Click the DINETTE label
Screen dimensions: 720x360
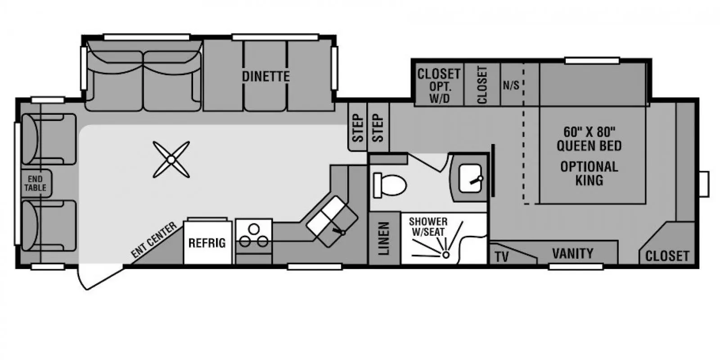266,76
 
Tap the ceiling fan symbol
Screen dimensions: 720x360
171,159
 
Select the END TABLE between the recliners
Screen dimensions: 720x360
36,183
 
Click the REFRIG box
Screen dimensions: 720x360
207,243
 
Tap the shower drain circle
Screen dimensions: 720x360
446,255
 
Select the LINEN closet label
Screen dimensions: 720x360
384,238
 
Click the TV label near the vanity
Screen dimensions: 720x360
502,257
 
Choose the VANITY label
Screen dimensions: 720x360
573,254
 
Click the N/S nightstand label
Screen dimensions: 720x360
511,85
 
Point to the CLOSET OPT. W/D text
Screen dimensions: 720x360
439,86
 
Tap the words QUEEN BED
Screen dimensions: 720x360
589,146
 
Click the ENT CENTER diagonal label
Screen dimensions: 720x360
154,240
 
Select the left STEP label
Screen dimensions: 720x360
358,128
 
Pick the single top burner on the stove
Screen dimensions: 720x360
254,229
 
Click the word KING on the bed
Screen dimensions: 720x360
589,180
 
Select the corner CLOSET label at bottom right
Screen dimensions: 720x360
667,256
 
